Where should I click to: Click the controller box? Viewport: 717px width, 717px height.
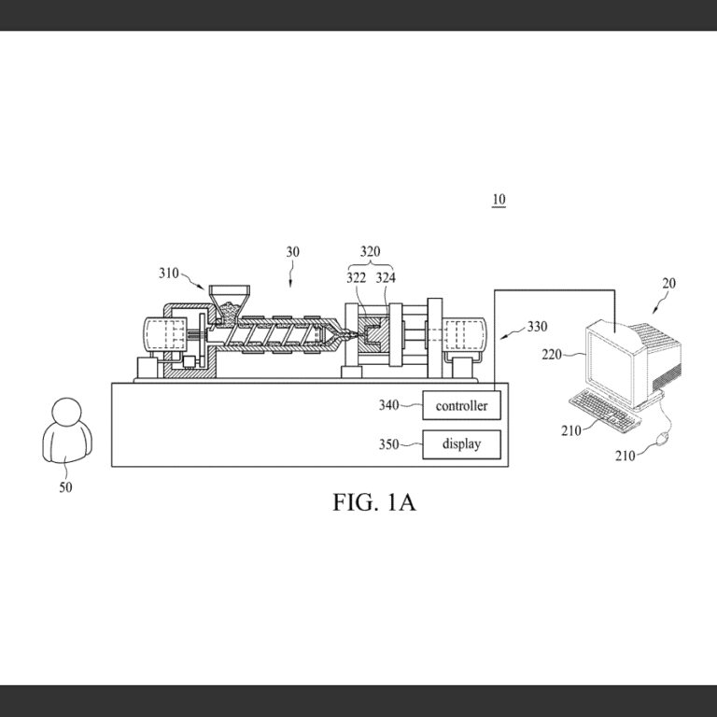coord(461,405)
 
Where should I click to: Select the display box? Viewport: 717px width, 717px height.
coord(461,444)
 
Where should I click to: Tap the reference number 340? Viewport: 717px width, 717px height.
coord(388,405)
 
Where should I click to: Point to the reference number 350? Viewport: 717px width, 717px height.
coord(388,444)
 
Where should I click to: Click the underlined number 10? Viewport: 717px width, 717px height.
coord(499,200)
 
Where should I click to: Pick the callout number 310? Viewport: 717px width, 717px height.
coord(169,274)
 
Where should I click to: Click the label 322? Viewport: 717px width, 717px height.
coord(356,278)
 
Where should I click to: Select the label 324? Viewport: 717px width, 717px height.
coord(386,278)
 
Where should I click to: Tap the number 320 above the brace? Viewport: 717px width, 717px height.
coord(370,251)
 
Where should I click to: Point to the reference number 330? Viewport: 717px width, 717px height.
coord(538,327)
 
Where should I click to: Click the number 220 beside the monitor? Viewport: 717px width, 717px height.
coord(552,355)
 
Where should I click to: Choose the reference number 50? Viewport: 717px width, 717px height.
coord(66,487)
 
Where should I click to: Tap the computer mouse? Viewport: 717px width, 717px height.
coord(662,440)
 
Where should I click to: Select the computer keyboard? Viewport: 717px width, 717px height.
coord(605,410)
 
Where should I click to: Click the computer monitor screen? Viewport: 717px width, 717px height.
coord(611,363)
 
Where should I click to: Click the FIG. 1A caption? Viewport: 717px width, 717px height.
coord(374,502)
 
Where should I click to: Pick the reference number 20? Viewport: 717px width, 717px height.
coord(668,284)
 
